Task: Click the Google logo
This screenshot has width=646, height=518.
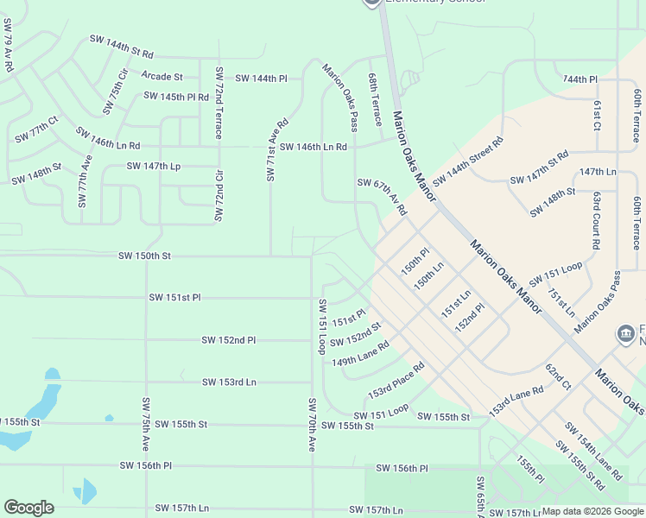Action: click(x=28, y=508)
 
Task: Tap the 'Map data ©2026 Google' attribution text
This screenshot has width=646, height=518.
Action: click(x=592, y=511)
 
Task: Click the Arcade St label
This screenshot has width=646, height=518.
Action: click(x=162, y=77)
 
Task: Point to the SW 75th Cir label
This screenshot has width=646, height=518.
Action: click(x=115, y=92)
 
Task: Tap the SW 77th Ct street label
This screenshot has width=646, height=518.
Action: click(x=36, y=131)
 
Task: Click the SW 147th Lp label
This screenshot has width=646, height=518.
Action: click(x=153, y=166)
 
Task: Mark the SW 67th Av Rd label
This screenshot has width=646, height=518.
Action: click(x=382, y=196)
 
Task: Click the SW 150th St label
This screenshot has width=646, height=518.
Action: click(x=145, y=256)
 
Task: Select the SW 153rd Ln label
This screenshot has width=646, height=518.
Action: click(x=229, y=382)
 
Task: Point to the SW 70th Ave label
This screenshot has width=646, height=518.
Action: click(x=312, y=424)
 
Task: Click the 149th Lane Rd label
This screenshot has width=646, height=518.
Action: click(x=361, y=353)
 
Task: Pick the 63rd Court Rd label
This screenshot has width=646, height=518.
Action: click(x=596, y=222)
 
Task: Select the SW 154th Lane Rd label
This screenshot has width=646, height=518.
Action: click(x=594, y=451)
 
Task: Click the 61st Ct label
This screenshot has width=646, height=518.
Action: click(x=598, y=114)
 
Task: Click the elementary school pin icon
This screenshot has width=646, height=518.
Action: click(x=372, y=3)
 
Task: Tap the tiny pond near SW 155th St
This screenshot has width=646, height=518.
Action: click(x=109, y=419)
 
